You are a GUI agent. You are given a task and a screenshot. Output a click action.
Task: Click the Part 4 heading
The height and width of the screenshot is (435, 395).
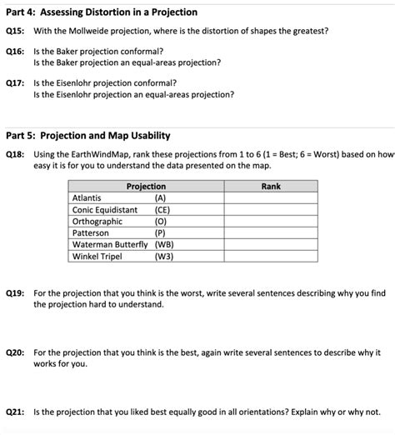click(101, 12)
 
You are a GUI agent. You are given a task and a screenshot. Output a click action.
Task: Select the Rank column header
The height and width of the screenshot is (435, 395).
click(270, 187)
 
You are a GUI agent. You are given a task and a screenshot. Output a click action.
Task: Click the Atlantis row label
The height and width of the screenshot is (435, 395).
click(87, 198)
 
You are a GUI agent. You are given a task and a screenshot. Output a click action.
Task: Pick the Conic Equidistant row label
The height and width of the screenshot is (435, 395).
click(105, 210)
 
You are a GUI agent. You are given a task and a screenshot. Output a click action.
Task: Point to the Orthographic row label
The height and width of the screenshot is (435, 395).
click(98, 222)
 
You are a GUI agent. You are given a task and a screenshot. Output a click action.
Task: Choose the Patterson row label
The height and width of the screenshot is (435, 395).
click(91, 233)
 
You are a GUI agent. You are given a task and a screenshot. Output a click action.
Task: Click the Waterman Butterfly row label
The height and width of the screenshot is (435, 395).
click(110, 245)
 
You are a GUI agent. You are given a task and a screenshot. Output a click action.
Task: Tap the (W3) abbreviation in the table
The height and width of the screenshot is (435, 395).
click(164, 257)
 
